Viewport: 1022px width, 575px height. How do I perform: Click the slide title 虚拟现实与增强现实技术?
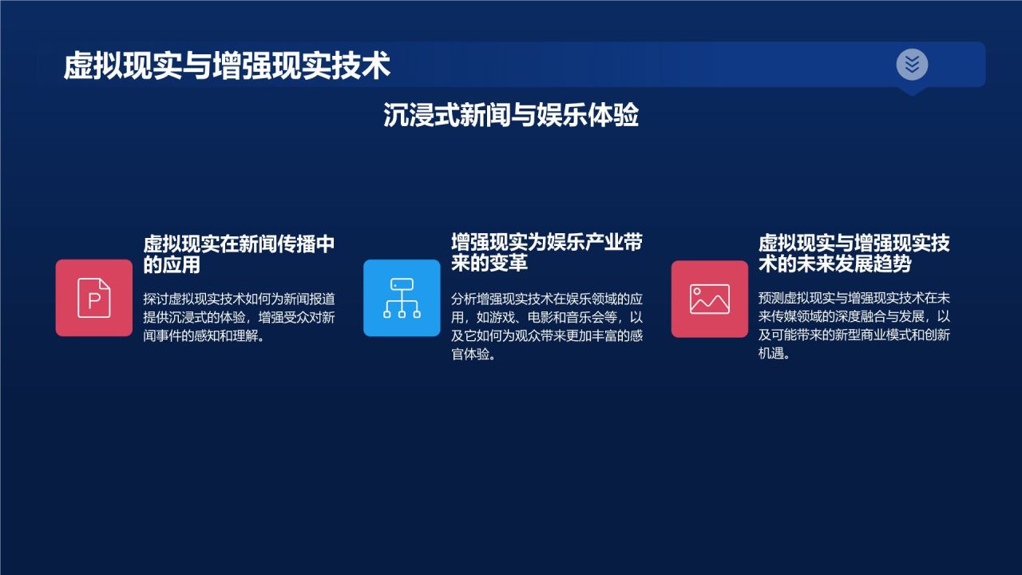point(227,65)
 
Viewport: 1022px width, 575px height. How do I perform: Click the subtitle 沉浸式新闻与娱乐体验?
point(511,116)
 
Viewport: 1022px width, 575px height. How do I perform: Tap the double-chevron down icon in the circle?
point(912,64)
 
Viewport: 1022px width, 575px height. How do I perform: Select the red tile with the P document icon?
point(94,298)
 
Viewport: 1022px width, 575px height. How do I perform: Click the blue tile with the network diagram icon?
point(402,298)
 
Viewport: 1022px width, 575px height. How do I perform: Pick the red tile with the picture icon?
point(709,299)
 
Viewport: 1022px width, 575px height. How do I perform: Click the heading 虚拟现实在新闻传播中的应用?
point(239,254)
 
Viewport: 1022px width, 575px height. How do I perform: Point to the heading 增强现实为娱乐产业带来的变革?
point(546,252)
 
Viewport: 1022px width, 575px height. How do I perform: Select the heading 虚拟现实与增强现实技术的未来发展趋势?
point(854,252)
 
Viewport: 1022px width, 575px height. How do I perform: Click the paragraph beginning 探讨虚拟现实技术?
point(239,317)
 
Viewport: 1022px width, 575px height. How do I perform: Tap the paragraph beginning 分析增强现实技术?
point(546,326)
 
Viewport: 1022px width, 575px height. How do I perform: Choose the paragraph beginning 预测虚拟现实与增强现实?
point(854,326)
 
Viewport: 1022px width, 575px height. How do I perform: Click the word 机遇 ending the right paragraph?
point(769,354)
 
